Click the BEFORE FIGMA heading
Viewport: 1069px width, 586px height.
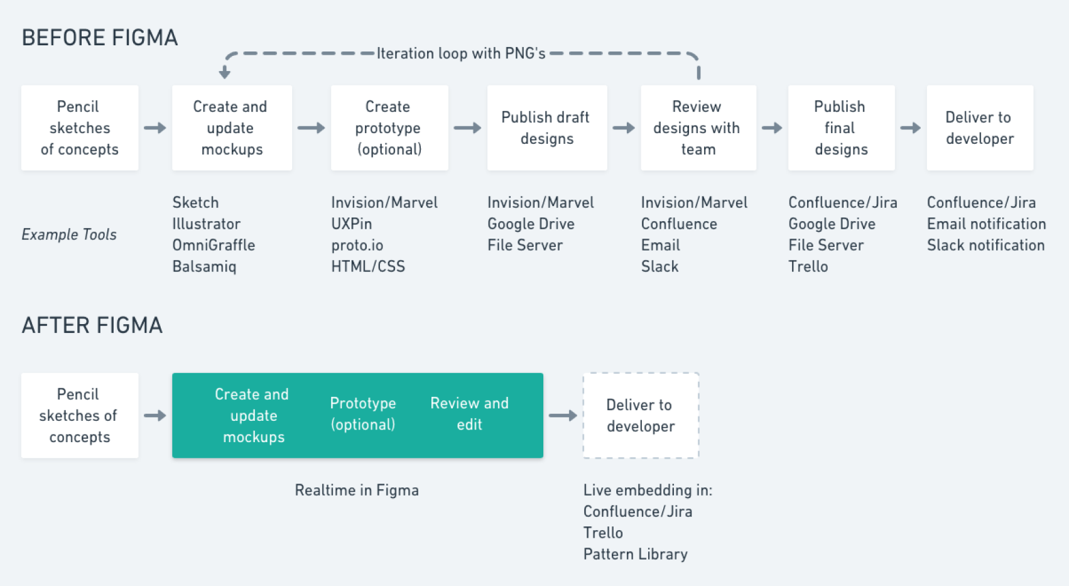point(99,38)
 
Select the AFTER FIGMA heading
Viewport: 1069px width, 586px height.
point(92,325)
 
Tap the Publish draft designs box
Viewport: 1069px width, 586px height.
point(546,128)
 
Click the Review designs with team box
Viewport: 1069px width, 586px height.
point(698,128)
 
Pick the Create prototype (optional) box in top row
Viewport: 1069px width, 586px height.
point(389,128)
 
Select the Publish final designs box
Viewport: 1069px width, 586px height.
point(841,128)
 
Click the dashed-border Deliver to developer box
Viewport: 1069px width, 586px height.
point(640,416)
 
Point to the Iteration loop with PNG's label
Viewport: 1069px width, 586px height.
point(461,53)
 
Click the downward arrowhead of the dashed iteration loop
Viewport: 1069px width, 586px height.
point(225,73)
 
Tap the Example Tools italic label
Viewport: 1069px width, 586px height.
point(69,235)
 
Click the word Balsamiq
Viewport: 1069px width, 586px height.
point(204,267)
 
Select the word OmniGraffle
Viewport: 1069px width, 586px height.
point(214,246)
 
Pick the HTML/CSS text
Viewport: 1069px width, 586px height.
point(368,267)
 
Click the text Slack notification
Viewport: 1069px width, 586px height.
point(985,246)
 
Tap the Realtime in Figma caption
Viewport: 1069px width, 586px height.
point(357,491)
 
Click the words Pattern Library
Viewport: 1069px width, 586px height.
point(635,555)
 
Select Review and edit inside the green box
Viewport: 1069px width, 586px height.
point(469,414)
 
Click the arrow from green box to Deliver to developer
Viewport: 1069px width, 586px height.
point(563,416)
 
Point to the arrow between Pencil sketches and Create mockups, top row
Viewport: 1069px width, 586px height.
point(155,128)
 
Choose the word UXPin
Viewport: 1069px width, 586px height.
point(352,224)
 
